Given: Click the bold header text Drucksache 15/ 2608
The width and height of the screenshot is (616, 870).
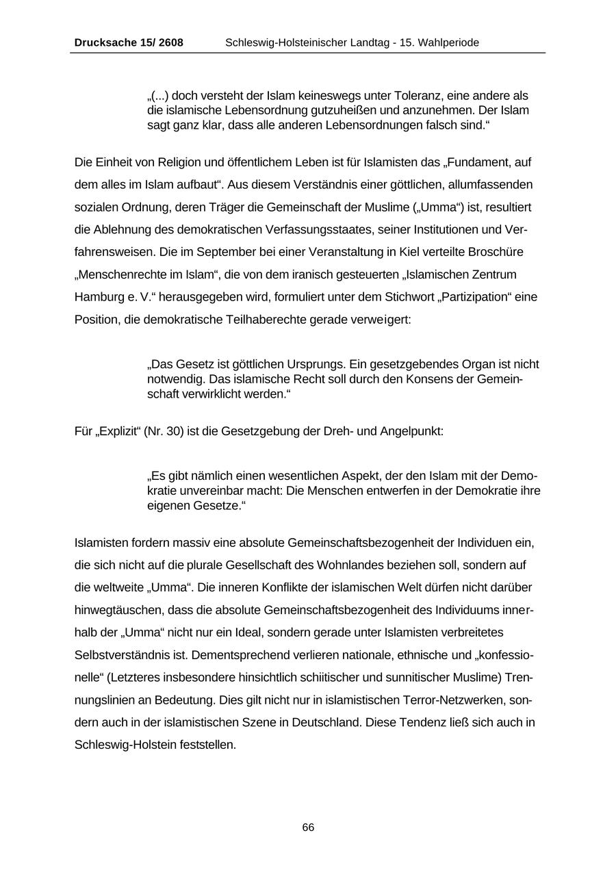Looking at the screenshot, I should pos(129,42).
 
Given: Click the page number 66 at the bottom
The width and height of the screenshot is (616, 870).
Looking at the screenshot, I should pos(308,828).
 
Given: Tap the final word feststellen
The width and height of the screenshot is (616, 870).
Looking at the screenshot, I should pos(209,744).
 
